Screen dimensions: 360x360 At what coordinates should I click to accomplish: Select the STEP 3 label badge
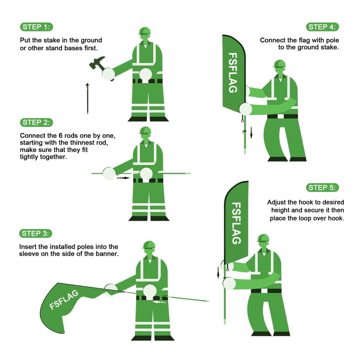[37, 233]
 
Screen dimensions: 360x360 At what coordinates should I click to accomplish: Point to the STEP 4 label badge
[323, 27]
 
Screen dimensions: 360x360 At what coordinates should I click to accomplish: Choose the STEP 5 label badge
[323, 187]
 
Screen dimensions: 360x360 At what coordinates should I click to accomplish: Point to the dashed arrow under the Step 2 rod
[123, 178]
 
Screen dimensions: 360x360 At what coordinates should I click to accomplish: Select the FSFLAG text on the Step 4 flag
[233, 72]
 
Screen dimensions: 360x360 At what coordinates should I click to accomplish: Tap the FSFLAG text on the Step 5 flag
[237, 223]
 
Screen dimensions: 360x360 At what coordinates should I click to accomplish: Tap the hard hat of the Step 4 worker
[279, 64]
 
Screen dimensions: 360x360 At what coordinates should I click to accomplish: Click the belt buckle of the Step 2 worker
[146, 180]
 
